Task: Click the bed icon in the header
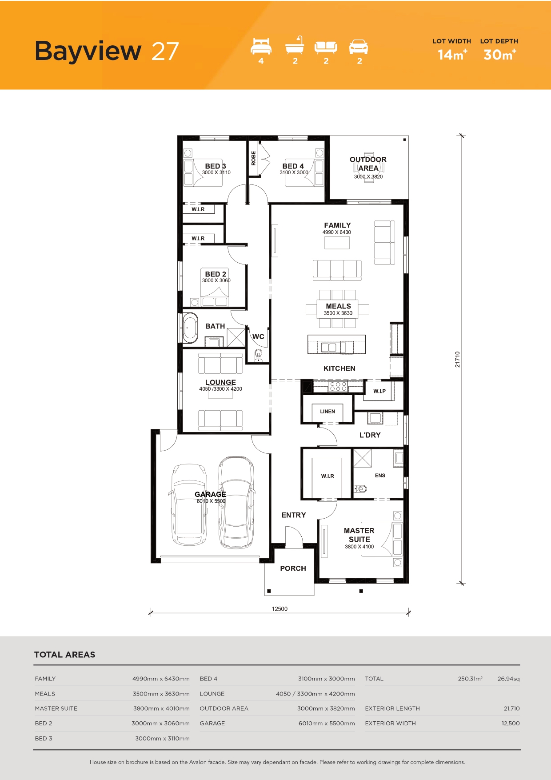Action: (x=261, y=46)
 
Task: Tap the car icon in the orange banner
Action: (x=359, y=47)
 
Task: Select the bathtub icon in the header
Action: (x=295, y=45)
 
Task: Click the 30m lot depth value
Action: (x=500, y=55)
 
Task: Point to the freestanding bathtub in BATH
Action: (x=191, y=328)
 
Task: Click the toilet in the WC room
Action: (x=259, y=355)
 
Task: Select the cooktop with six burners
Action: (x=338, y=386)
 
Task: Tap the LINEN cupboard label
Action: (x=327, y=412)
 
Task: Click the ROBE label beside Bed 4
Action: (x=253, y=158)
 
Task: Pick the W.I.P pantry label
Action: (x=379, y=391)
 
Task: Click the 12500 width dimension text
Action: (x=279, y=609)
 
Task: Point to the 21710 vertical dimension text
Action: (x=458, y=359)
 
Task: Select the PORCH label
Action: (x=293, y=568)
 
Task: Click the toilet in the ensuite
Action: (x=361, y=489)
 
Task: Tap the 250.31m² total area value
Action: (x=470, y=679)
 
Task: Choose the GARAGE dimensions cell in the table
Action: (x=327, y=724)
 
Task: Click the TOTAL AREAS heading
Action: (x=65, y=655)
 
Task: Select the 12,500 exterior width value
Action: (x=511, y=724)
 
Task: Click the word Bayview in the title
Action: (x=88, y=51)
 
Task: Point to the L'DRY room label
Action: (x=370, y=435)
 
